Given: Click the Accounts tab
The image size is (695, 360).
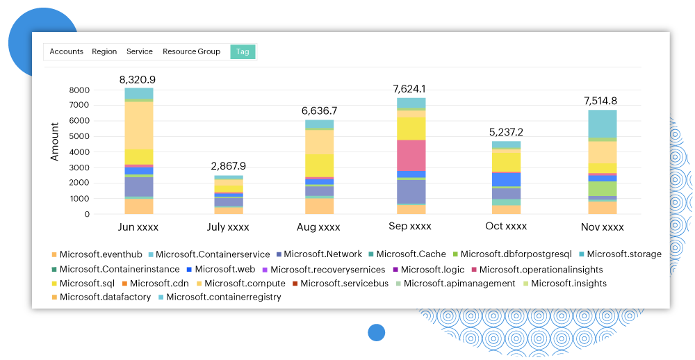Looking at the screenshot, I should click(x=66, y=51).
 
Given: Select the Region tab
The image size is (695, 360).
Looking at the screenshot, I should click(x=104, y=51).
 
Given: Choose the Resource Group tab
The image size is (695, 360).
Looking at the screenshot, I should click(x=191, y=51).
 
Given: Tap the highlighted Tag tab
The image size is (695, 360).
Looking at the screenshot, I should click(x=243, y=51).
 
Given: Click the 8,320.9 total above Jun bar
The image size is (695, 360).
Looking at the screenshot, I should click(x=139, y=79).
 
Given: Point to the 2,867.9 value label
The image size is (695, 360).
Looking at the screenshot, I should click(x=228, y=166).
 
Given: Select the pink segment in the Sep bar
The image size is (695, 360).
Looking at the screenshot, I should click(x=411, y=155).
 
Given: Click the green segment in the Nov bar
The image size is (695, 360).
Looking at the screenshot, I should click(x=603, y=188).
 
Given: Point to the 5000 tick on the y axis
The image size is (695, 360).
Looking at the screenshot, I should click(x=80, y=136).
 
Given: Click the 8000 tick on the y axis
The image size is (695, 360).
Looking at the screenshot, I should click(x=80, y=90).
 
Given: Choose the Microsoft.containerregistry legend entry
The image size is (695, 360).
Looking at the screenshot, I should click(x=223, y=297).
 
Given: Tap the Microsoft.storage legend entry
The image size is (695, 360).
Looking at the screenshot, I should click(x=623, y=254).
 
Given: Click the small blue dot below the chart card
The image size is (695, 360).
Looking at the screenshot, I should click(x=376, y=332).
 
